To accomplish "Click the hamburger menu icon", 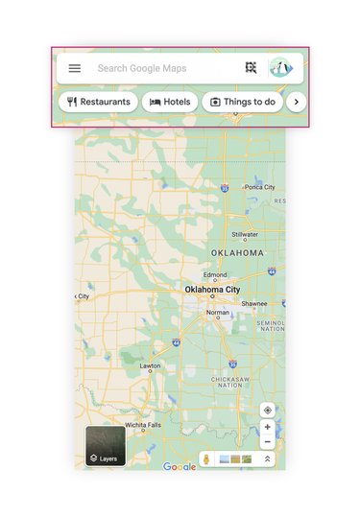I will click(75, 68).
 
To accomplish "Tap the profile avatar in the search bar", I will click(280, 68).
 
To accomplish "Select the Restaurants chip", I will click(98, 102).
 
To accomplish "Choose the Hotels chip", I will click(170, 102).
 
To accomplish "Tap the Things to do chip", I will click(242, 102).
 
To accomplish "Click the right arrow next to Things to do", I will click(297, 102).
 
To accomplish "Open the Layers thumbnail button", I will click(106, 447).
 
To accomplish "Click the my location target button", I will click(267, 411).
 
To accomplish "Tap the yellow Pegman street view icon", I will click(206, 459).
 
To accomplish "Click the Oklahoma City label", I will click(212, 289).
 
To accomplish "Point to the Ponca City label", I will click(258, 187).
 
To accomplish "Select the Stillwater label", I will click(245, 234).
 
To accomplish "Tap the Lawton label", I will click(150, 365).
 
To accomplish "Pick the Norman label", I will click(218, 312).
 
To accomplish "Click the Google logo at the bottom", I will click(180, 467).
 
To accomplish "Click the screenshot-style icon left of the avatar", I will click(251, 68).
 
